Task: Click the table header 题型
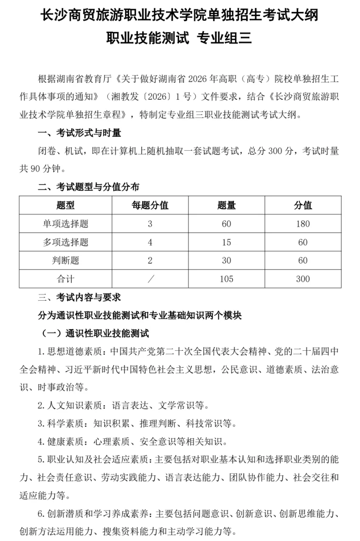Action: coord(65,206)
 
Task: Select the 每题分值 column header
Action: coord(150,206)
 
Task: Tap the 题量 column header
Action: coord(226,206)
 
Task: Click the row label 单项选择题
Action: coord(65,224)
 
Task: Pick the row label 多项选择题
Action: coord(65,242)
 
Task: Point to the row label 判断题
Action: coord(65,261)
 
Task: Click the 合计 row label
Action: coord(65,279)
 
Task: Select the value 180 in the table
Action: coord(303,224)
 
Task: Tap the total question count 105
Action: coord(226,279)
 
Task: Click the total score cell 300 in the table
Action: coord(303,279)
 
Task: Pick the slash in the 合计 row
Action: coord(150,279)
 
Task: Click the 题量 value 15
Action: coord(226,242)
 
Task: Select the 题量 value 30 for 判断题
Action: coord(226,261)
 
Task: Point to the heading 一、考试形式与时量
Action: coord(79,133)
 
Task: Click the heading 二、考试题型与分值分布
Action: coord(88,187)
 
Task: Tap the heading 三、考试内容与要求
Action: coord(79,298)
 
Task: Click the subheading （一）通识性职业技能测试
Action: coord(94,334)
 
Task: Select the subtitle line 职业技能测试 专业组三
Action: coord(180,39)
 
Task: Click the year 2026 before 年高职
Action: coord(197,79)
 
